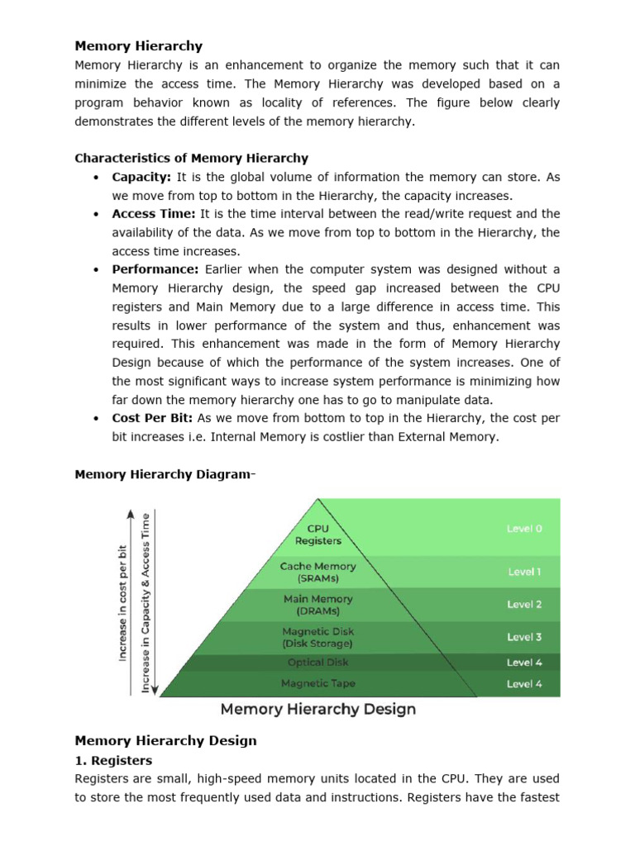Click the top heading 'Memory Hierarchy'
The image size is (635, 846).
pos(138,46)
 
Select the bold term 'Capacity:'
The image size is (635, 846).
pos(141,177)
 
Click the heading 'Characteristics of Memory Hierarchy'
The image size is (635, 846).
pos(191,158)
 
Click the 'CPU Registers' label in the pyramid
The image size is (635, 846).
pos(318,535)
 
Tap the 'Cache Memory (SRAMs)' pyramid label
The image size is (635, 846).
pos(318,572)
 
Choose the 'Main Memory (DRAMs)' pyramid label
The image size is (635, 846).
pos(318,604)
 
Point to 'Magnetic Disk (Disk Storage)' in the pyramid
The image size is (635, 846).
pos(318,637)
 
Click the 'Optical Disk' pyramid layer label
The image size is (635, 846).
pos(318,663)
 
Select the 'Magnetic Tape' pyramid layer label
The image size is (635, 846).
pos(318,683)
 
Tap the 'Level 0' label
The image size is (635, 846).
pos(525,529)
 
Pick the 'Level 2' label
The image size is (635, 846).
pos(525,604)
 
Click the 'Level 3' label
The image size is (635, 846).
pos(525,637)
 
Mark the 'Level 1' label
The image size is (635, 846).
pos(525,572)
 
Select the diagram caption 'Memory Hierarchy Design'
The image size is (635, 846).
pos(317,710)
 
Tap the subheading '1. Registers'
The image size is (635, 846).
pos(113,760)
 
